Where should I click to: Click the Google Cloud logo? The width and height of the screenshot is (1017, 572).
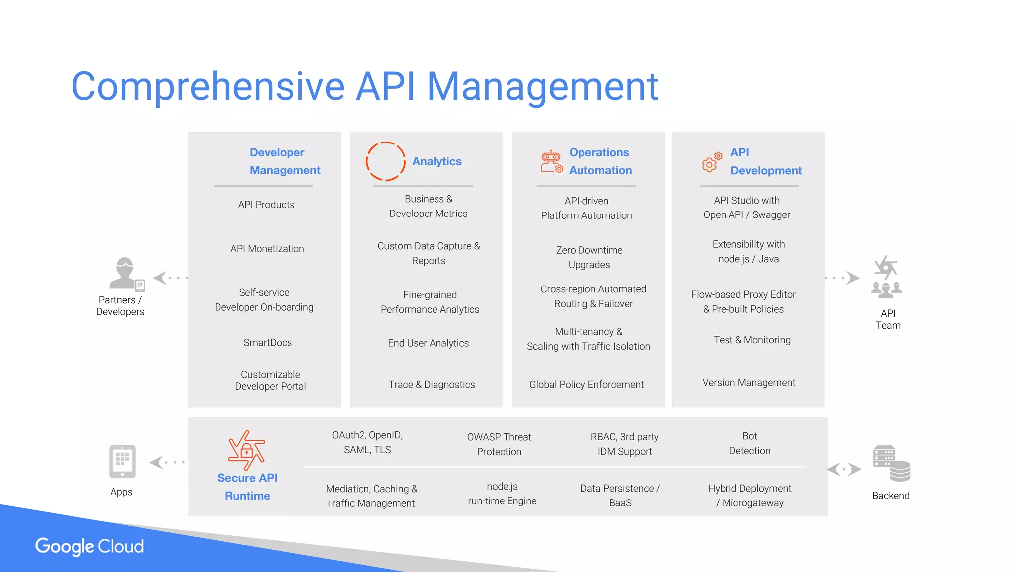tap(89, 546)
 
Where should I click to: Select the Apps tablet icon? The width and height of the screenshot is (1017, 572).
tap(122, 461)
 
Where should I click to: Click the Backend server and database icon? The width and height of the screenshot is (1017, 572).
tap(891, 463)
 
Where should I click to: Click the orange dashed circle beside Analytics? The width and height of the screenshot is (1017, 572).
tap(386, 161)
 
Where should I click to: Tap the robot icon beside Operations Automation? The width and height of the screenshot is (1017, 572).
tap(552, 162)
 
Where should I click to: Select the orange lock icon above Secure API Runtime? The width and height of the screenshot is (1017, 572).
tap(246, 450)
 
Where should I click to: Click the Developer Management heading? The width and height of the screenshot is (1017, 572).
tap(285, 161)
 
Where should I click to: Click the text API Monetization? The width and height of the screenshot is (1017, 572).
tap(267, 249)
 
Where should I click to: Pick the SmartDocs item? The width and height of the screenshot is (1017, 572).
tap(268, 343)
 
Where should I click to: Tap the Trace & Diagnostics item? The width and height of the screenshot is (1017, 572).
tap(432, 385)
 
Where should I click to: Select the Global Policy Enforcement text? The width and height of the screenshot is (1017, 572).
tap(586, 385)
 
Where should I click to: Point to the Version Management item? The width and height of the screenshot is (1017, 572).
tap(748, 383)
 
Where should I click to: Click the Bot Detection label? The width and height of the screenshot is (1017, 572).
tap(749, 443)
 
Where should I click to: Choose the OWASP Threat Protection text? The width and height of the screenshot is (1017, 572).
tap(499, 444)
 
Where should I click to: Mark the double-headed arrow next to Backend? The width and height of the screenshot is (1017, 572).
tap(844, 469)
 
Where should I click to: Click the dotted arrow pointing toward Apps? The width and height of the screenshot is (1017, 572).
tap(167, 463)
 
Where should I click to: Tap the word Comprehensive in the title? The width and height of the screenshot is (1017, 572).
tap(208, 86)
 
